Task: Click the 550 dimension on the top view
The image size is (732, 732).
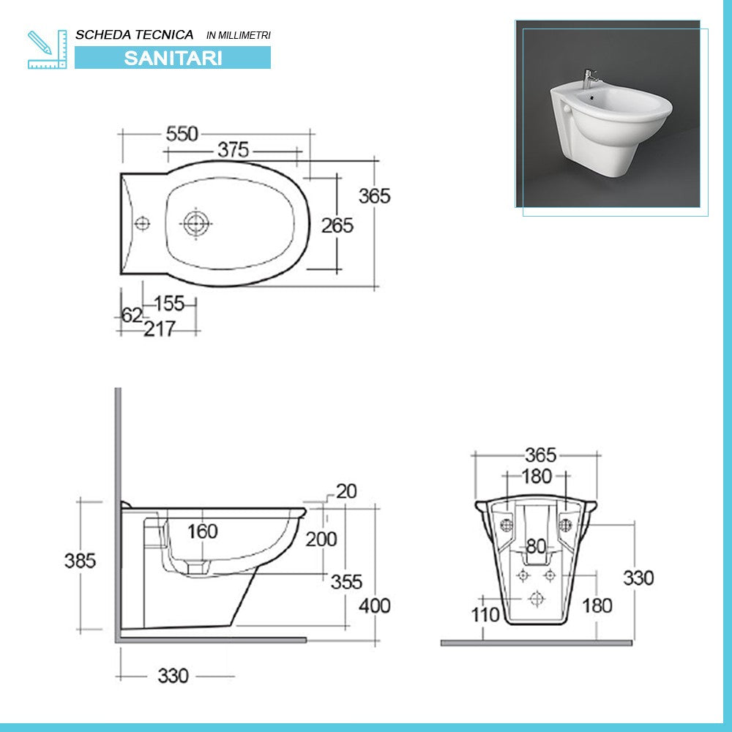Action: coord(182,134)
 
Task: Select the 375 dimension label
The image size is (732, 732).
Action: coord(234,150)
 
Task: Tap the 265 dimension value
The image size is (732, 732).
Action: coord(337,225)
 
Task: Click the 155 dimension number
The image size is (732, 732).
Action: coord(169,303)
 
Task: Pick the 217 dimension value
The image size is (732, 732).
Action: coord(159,330)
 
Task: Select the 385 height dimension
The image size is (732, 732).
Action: coord(80,561)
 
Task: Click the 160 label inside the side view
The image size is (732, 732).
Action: coord(202,531)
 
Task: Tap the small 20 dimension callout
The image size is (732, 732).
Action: coord(346,492)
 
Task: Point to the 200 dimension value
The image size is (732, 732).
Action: coord(321,539)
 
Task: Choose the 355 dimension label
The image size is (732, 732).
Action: coord(346,582)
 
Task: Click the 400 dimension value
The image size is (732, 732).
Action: coord(375,606)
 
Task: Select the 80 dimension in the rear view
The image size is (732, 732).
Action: coord(537,546)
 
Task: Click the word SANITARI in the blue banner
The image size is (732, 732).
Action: coord(173,58)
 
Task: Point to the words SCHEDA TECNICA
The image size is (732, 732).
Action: coord(135,34)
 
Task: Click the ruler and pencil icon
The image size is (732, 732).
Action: coord(47,49)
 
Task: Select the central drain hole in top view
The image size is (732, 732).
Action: coord(195,223)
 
